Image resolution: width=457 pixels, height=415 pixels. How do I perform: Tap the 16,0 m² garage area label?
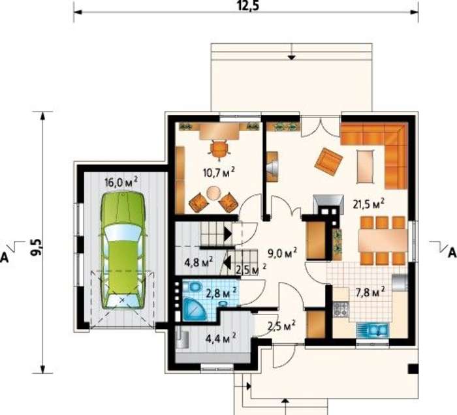point(121,182)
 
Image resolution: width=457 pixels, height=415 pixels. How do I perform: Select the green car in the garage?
point(123,250)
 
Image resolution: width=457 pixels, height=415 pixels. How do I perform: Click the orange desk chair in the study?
point(219,149)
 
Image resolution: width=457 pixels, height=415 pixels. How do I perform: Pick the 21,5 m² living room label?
point(368,204)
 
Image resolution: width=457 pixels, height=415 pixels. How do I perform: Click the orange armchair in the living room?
point(328,162)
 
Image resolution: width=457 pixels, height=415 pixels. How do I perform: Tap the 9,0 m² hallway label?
point(283,253)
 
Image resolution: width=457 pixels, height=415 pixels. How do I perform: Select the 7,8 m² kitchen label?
point(370,292)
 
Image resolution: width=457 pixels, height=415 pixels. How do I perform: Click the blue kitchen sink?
point(373,330)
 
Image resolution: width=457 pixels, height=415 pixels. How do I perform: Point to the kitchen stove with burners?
point(341,309)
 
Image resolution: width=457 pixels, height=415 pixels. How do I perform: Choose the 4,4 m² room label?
point(221,338)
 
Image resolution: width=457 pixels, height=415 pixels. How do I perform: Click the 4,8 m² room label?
point(199,262)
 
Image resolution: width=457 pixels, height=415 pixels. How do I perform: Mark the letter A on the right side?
point(452,253)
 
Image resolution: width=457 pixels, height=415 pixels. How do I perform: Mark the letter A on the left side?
point(5,257)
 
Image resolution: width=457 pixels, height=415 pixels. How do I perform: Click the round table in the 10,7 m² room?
point(214,193)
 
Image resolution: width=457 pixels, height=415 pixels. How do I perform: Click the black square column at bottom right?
point(413,369)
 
